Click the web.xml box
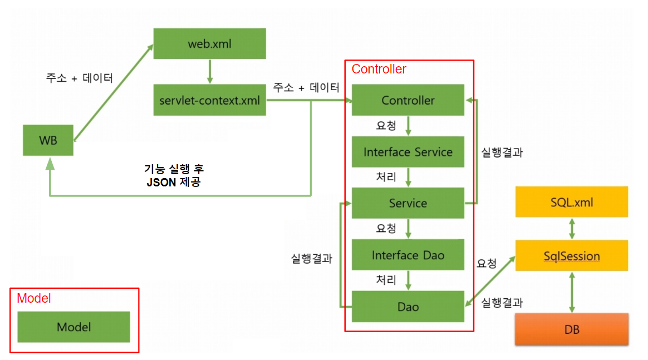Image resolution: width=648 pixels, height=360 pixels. coord(209,43)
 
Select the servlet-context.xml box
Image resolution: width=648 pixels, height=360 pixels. coord(209,101)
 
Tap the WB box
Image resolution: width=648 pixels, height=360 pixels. coord(48,140)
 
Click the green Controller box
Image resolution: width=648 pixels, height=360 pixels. coord(408,100)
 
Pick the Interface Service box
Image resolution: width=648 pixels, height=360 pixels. coord(408,152)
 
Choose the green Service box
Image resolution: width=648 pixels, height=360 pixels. coord(408,203)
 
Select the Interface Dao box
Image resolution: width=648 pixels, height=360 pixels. coord(408,255)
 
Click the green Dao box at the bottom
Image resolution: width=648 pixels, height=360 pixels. coord(408,307)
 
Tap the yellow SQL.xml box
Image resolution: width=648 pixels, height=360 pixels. coord(571,202)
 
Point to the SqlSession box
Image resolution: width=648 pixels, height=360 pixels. coord(571,256)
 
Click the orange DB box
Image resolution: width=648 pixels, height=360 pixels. coord(571,329)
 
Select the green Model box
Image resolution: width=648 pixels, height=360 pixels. coord(73,327)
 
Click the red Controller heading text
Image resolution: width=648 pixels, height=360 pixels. coord(379,70)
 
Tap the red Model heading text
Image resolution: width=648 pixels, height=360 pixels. coord(34,298)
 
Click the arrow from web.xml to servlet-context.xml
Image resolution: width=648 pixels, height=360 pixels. coord(210,72)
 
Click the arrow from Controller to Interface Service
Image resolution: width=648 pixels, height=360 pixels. coord(409,126)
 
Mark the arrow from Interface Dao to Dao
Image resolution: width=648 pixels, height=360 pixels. coord(409,280)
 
